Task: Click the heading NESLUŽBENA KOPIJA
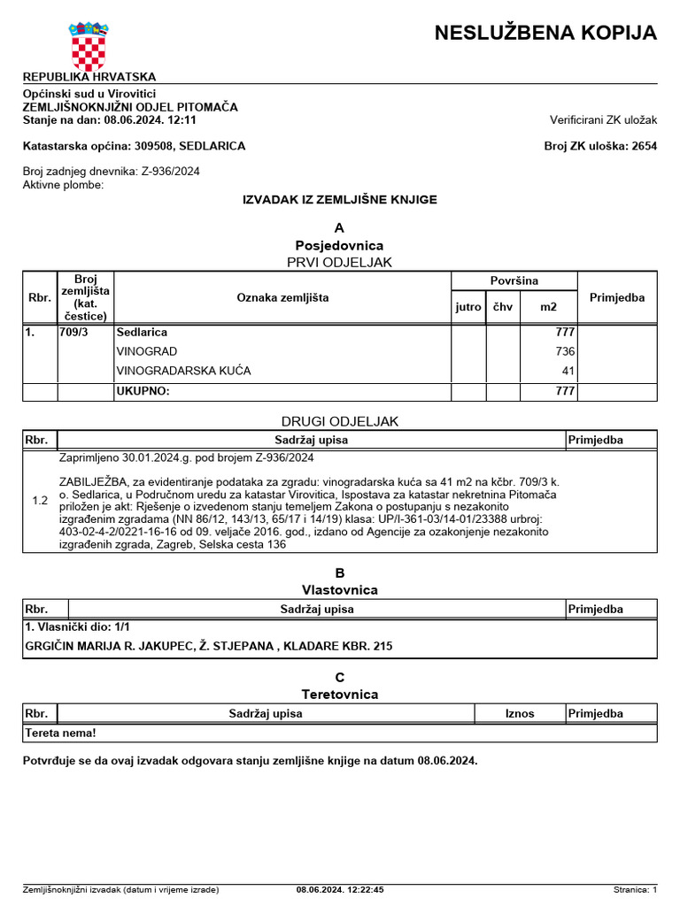click(545, 34)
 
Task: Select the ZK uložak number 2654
click(644, 146)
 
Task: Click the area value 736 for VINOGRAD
click(564, 351)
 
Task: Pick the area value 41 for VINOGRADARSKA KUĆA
click(568, 371)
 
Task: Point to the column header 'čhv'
click(502, 307)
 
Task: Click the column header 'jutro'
click(468, 307)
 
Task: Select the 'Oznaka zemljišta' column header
click(282, 297)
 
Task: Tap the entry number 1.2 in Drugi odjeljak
click(40, 501)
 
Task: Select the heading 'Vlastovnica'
click(340, 590)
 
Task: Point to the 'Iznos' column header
click(520, 713)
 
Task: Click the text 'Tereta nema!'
click(60, 733)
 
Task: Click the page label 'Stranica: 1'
click(635, 890)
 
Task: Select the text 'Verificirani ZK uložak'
click(603, 119)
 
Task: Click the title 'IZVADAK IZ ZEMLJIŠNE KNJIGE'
click(340, 200)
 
